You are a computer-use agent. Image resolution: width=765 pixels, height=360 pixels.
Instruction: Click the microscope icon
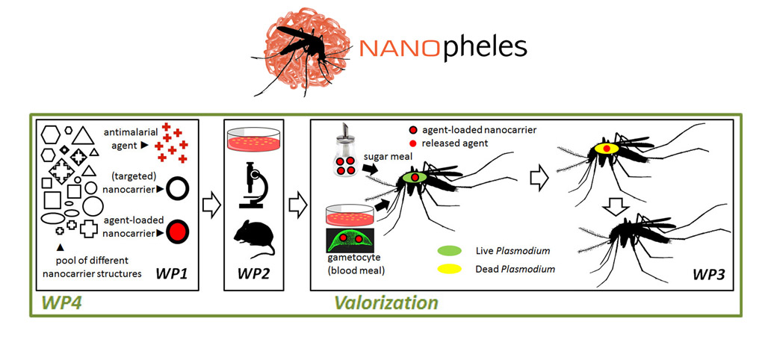point(254,186)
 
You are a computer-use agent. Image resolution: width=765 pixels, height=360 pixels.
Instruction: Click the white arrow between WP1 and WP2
point(212,202)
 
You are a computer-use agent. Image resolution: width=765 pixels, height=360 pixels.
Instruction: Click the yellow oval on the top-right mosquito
point(606,148)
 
